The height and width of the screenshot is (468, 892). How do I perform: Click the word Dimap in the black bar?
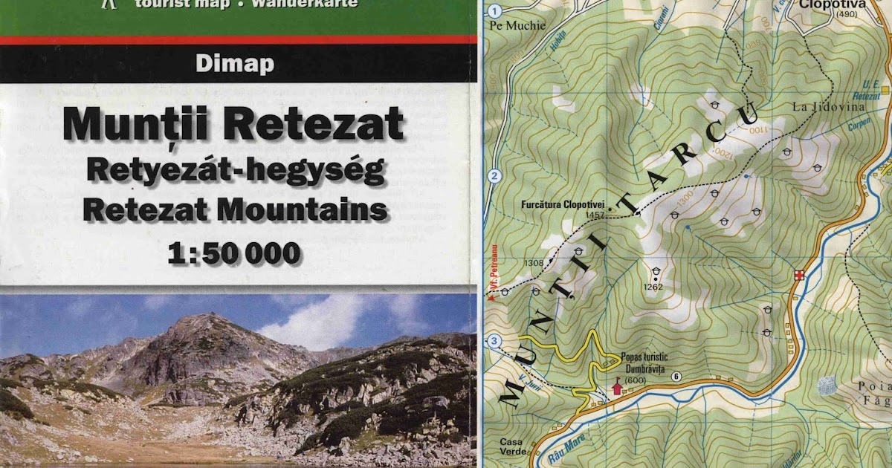click(235, 65)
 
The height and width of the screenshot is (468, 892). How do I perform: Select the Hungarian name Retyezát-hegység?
click(235, 170)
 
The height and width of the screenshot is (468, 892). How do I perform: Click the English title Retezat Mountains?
click(235, 210)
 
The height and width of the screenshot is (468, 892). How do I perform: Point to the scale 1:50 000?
click(235, 253)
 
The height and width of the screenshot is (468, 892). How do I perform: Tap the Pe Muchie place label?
click(517, 25)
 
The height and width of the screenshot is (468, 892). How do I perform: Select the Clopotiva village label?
click(834, 4)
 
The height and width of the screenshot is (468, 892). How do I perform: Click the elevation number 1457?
click(595, 215)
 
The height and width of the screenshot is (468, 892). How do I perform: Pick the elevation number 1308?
click(534, 263)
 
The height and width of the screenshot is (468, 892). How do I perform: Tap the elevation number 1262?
click(653, 287)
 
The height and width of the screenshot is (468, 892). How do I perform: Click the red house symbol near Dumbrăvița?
click(615, 387)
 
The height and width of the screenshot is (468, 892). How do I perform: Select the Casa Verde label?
click(511, 447)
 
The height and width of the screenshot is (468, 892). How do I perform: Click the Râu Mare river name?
click(570, 450)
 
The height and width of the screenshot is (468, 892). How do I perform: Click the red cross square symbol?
click(799, 274)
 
